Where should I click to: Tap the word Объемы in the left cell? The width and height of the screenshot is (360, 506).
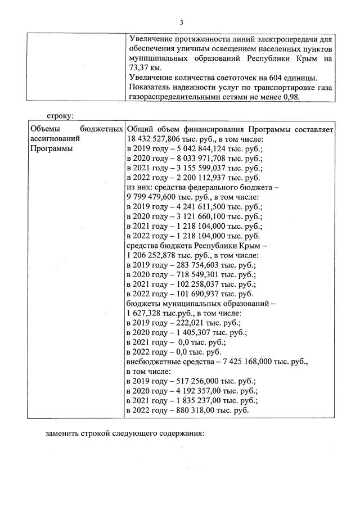coord(44,129)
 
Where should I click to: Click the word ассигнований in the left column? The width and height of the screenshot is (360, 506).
coord(53,138)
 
